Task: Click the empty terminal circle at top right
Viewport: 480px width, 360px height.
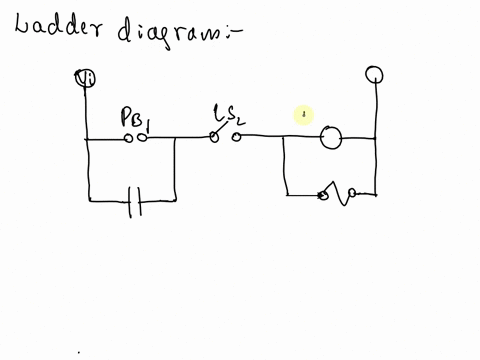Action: point(375,74)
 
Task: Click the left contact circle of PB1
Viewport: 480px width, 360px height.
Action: point(129,139)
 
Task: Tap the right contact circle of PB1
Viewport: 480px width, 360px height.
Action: point(143,139)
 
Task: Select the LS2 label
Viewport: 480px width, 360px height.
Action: point(228,117)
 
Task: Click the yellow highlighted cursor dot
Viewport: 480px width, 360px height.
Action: point(304,116)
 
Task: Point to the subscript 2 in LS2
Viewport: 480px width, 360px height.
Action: point(240,121)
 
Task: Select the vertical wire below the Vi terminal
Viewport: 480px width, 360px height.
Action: point(87,115)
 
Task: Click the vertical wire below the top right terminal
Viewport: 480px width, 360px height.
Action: point(376,110)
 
